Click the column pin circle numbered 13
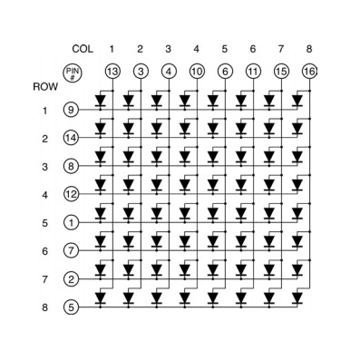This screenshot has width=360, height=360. [x=112, y=70]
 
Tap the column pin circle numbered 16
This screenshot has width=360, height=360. [x=308, y=70]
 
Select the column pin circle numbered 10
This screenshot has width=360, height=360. [x=196, y=70]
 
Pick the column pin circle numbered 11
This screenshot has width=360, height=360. [x=252, y=70]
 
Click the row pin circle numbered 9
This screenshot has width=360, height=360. [x=71, y=111]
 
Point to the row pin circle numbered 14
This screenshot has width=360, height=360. [x=71, y=139]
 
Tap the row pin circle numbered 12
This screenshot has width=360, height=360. [x=71, y=194]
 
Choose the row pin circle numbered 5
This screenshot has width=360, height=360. [x=71, y=306]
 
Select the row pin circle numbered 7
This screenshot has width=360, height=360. [x=71, y=250]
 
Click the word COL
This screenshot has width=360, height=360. [x=83, y=48]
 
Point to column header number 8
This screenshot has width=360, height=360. [x=308, y=48]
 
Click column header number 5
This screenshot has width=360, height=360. [x=224, y=48]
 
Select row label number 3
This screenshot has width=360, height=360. [x=44, y=167]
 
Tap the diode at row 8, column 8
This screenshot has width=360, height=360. [x=297, y=297]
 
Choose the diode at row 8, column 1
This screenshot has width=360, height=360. [x=101, y=297]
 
